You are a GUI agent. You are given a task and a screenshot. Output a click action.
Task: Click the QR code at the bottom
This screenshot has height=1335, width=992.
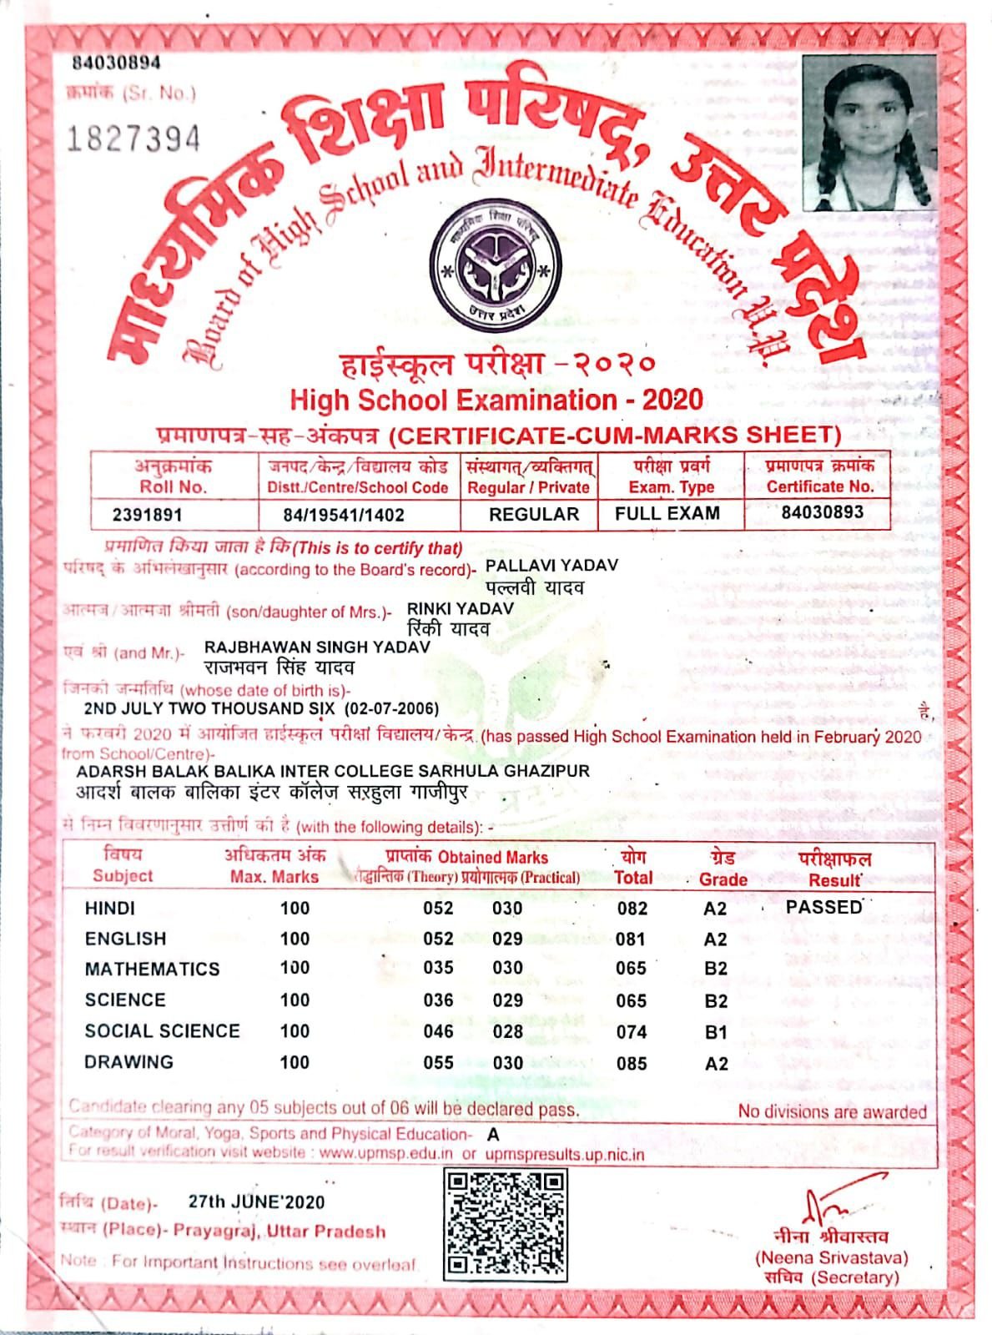[x=505, y=1225]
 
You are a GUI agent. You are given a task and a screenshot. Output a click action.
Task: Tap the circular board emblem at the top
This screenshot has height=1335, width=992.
[x=492, y=264]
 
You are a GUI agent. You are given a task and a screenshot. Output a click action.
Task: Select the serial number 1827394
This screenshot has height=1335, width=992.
[x=133, y=139]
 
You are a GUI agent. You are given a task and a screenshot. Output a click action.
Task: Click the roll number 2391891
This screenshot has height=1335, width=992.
[x=147, y=515]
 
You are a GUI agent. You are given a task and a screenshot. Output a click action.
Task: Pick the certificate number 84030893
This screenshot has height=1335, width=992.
[x=822, y=511]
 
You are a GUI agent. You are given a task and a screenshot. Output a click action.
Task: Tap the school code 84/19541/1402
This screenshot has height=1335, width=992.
[x=344, y=515]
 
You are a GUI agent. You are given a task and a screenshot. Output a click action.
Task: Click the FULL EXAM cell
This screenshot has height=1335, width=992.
[x=667, y=513]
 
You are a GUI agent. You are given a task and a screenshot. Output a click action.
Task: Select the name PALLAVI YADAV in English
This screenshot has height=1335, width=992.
[x=551, y=566]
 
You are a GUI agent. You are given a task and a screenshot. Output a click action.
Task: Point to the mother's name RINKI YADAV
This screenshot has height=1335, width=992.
[x=460, y=609]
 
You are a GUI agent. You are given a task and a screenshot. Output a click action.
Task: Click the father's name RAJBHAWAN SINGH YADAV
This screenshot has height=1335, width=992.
[x=317, y=647]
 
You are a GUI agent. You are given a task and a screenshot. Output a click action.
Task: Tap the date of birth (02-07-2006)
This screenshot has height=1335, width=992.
[x=394, y=709]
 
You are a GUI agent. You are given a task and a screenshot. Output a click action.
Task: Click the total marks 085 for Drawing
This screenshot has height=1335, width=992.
[x=632, y=1064]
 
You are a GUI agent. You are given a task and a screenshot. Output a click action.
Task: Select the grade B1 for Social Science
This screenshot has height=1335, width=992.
[x=716, y=1032]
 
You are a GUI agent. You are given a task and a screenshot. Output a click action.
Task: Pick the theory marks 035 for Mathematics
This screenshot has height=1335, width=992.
[x=438, y=969]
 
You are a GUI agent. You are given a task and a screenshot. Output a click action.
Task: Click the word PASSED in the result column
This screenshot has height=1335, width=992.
[x=823, y=907]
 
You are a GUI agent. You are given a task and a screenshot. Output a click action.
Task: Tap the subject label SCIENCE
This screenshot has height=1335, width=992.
[x=125, y=1000]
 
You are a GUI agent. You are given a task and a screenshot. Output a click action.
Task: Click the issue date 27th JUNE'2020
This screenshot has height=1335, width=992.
[x=256, y=1202]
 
